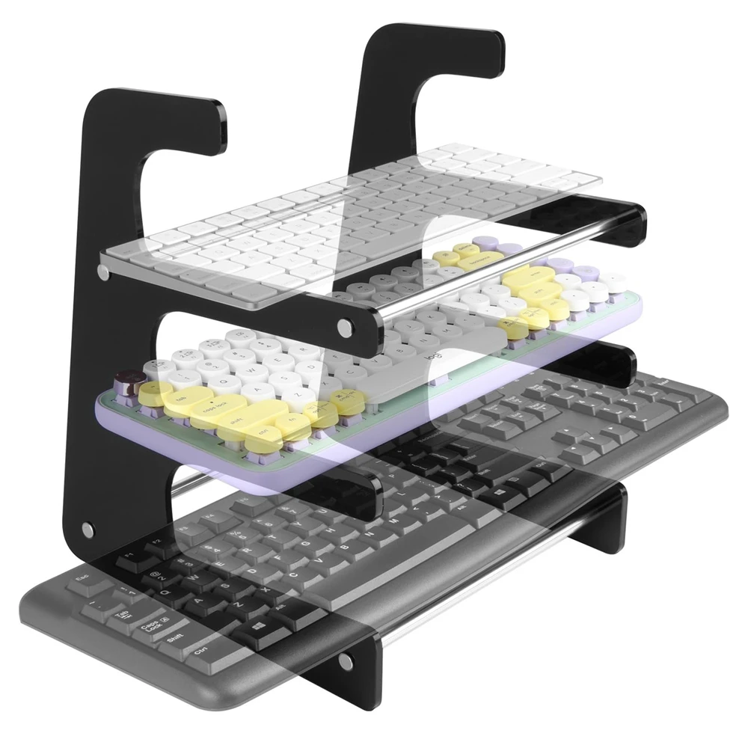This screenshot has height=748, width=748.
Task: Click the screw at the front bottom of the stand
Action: tap(346, 662)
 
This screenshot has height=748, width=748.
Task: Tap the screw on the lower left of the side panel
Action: tap(88, 530)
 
